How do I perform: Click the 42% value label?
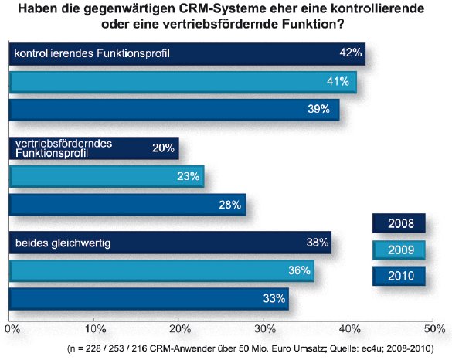coord(351,53)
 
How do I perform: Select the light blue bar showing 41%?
coord(182,83)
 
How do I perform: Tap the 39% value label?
coord(325,110)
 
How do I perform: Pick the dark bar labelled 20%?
coord(93,148)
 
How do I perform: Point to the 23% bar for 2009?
coord(105,177)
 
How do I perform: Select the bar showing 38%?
coord(169,243)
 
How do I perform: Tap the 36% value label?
coord(300,270)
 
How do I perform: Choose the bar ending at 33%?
coord(148,298)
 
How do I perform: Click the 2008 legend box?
coord(399,224)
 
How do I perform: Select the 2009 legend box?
coord(399,250)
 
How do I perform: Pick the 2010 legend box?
coord(399,275)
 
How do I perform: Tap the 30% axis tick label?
coord(263,327)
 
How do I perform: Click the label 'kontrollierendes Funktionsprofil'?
coord(91,54)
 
